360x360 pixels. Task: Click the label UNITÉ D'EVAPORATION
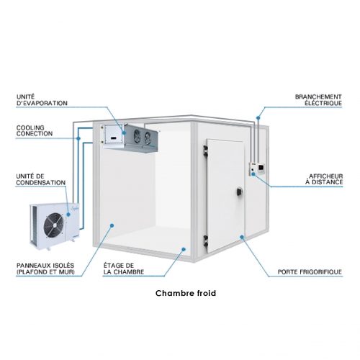point(42,100)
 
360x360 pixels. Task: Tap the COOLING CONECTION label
point(35,130)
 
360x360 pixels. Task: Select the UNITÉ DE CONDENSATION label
point(41,179)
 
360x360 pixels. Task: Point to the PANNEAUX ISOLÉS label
point(45,269)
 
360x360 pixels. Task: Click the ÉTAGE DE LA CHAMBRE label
point(124,269)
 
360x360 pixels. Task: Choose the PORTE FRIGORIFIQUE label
point(310,272)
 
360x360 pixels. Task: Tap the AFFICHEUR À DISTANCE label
point(324,179)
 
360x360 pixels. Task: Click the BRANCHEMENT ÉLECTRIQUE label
point(318,100)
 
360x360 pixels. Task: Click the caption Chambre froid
point(186,293)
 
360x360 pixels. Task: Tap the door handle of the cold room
point(239,192)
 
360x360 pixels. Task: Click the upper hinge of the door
point(205,151)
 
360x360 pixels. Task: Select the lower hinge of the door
point(205,241)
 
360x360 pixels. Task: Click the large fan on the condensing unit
point(54,225)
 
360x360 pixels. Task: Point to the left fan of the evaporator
point(137,136)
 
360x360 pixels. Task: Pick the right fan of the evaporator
point(148,138)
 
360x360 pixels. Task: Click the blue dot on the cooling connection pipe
point(78,138)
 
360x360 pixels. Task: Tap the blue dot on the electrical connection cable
point(258,118)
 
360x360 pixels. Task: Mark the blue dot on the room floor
point(184,249)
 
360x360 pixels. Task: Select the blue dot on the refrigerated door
point(242,237)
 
